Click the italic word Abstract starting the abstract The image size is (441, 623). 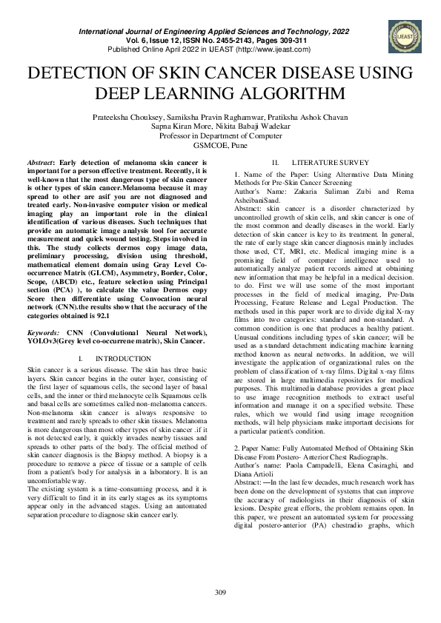[x=39, y=161]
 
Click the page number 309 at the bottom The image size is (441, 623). [x=220, y=592]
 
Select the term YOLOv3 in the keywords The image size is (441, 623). [x=44, y=343]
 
